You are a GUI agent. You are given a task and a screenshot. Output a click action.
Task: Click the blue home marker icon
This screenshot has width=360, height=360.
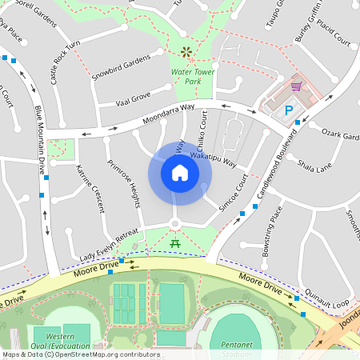point(180,173)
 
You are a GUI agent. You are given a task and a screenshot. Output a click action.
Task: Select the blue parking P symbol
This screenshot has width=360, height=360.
point(289,110)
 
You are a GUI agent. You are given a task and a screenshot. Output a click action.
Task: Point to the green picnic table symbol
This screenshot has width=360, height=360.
point(174,241)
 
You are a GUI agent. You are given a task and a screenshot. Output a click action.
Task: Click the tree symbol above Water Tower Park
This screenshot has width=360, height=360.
point(186,52)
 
